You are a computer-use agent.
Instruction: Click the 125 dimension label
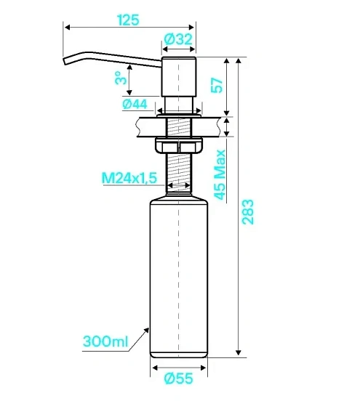[128, 20]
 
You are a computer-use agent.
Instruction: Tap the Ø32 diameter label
[178, 39]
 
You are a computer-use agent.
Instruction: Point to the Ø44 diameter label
[135, 105]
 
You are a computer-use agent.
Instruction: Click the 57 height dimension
[217, 85]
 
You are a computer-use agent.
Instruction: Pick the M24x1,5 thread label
[129, 178]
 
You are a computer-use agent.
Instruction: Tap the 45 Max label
[220, 175]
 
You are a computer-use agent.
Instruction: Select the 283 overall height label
[248, 212]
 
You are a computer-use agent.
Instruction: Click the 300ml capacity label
[105, 341]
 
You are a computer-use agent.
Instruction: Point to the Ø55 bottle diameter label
[179, 378]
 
